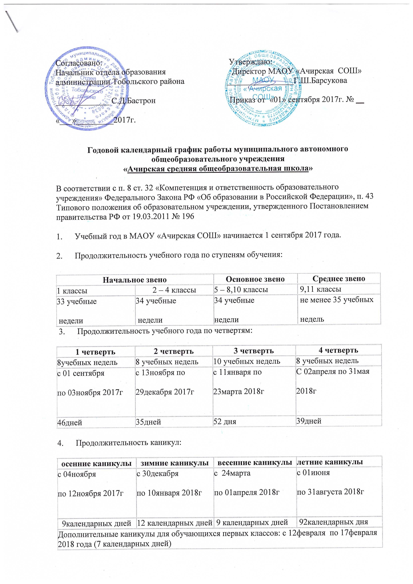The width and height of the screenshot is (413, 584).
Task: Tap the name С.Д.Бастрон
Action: [134, 101]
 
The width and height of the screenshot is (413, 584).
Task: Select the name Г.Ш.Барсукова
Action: [320, 81]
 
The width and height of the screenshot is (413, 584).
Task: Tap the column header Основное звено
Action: [255, 279]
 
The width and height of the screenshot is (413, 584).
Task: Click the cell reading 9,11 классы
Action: [321, 289]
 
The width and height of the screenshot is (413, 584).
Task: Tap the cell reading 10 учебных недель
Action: [247, 361]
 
